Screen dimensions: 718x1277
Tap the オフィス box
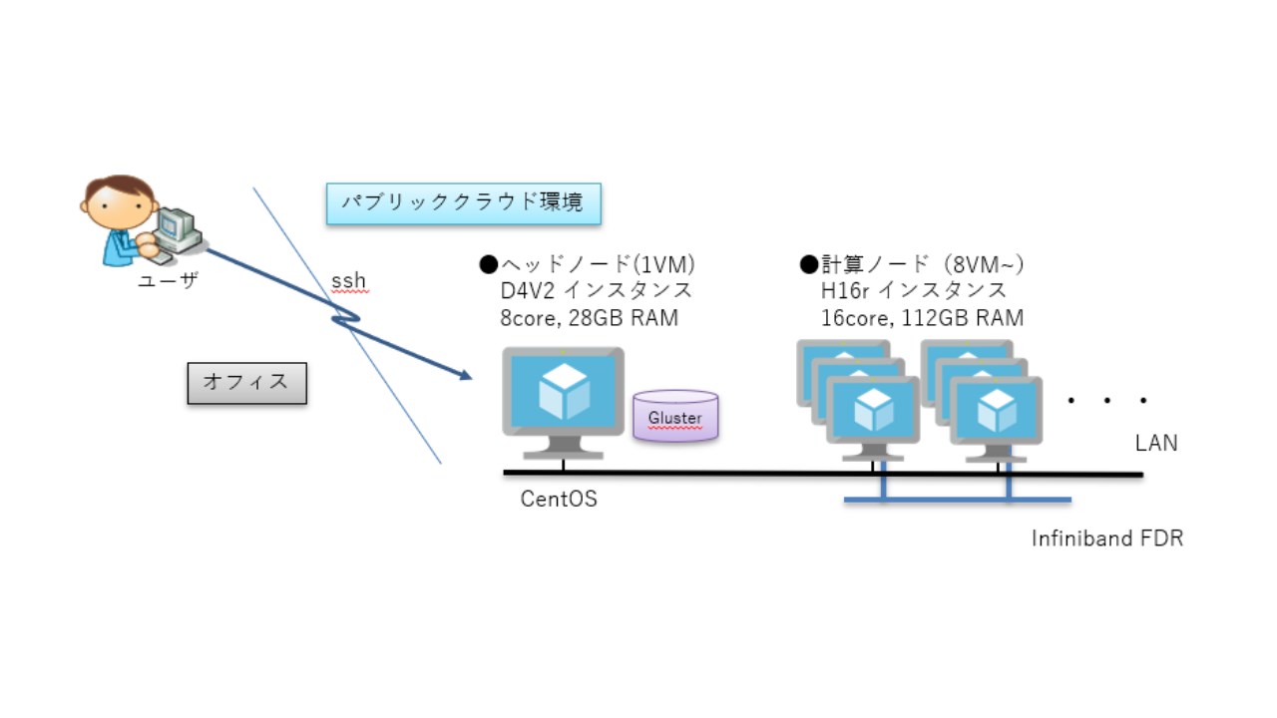tap(246, 382)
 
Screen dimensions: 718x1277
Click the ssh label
tap(348, 282)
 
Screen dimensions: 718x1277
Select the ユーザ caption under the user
tap(168, 282)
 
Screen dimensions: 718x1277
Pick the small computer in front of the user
tap(177, 228)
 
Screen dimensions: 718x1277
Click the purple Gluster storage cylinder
tap(675, 416)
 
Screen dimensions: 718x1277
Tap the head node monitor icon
tap(563, 394)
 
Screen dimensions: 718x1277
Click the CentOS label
tap(559, 500)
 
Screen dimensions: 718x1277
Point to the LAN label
tap(1156, 443)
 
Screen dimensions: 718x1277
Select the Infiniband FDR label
tap(1107, 539)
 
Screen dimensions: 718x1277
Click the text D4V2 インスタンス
tap(597, 291)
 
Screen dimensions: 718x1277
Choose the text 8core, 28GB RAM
tap(589, 318)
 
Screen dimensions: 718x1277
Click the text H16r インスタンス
tap(913, 291)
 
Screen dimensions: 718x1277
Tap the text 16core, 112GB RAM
tap(921, 318)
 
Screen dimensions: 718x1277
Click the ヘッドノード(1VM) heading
tap(588, 264)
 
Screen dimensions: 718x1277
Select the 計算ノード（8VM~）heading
tap(913, 264)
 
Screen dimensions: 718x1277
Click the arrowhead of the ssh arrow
tap(464, 376)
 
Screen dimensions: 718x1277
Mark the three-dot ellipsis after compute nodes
tap(1107, 401)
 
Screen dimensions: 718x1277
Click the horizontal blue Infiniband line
tap(958, 499)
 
